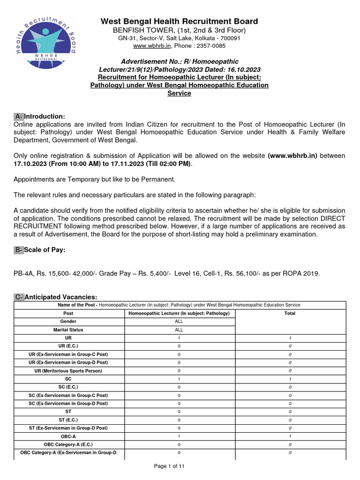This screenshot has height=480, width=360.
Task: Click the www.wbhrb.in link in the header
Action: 152,46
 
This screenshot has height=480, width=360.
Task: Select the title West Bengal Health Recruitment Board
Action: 180,21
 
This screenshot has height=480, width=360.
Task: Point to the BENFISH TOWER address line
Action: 180,30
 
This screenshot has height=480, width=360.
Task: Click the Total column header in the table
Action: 290,313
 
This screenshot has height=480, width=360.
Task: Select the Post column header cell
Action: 68,313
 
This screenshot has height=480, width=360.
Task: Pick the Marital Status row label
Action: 68,330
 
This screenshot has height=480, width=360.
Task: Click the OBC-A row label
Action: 68,436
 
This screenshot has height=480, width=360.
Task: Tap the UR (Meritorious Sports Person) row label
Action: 68,371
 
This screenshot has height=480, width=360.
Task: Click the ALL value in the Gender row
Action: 179,322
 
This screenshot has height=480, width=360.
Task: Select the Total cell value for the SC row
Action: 290,379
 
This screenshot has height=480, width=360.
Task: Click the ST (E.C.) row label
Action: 68,420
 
